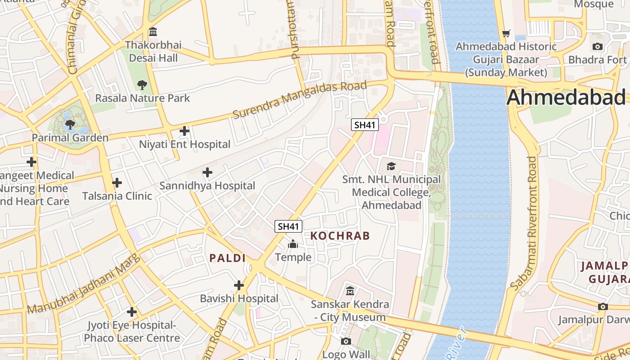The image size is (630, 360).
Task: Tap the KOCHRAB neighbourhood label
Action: pyautogui.click(x=340, y=236)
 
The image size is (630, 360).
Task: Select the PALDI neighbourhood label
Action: pyautogui.click(x=228, y=258)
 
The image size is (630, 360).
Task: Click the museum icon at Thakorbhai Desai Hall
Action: pyautogui.click(x=153, y=32)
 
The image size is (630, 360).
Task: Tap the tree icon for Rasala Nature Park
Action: pyautogui.click(x=142, y=85)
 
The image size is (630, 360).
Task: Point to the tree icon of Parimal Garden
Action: pyautogui.click(x=70, y=124)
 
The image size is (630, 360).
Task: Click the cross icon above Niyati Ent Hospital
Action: pyautogui.click(x=184, y=131)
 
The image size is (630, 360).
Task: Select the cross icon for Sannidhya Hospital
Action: pyautogui.click(x=207, y=172)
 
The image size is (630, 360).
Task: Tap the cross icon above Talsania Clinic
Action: pyautogui.click(x=117, y=183)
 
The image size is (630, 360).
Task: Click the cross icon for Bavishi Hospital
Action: pyautogui.click(x=239, y=285)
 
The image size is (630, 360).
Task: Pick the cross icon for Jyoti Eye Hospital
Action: pyautogui.click(x=132, y=311)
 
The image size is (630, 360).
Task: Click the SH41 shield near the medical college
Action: pyautogui.click(x=364, y=125)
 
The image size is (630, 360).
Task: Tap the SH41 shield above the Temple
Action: pyautogui.click(x=288, y=226)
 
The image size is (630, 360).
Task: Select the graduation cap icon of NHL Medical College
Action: pyautogui.click(x=391, y=166)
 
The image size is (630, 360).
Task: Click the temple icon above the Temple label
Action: pyautogui.click(x=293, y=244)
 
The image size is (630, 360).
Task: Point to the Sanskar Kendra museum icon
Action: pyautogui.click(x=350, y=291)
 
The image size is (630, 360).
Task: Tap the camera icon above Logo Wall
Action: pyautogui.click(x=346, y=342)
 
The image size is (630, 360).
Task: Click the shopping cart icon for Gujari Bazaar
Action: pyautogui.click(x=506, y=33)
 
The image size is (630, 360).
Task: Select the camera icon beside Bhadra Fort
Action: pyautogui.click(x=598, y=46)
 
